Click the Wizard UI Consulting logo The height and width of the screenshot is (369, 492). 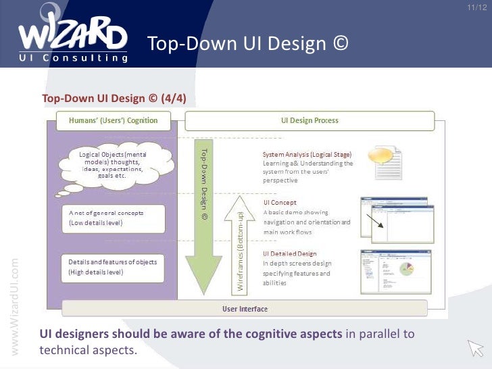(73, 34)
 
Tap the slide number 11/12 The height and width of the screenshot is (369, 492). (476, 7)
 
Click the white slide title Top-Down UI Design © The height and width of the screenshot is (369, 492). (248, 44)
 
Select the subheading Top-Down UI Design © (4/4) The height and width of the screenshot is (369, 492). (114, 99)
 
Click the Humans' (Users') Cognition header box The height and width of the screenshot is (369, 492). (114, 121)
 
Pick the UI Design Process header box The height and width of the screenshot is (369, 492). (310, 121)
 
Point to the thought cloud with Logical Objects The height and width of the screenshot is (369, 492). (112, 166)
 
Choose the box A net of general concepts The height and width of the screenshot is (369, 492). (112, 218)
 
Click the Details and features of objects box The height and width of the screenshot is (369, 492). (112, 267)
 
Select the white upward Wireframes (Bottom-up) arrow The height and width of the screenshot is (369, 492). (241, 242)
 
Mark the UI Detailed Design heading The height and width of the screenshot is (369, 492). (289, 254)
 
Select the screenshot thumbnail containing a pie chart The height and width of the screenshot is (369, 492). (397, 272)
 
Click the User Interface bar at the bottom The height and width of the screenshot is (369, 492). (245, 309)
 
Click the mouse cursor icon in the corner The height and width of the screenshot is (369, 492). (476, 347)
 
